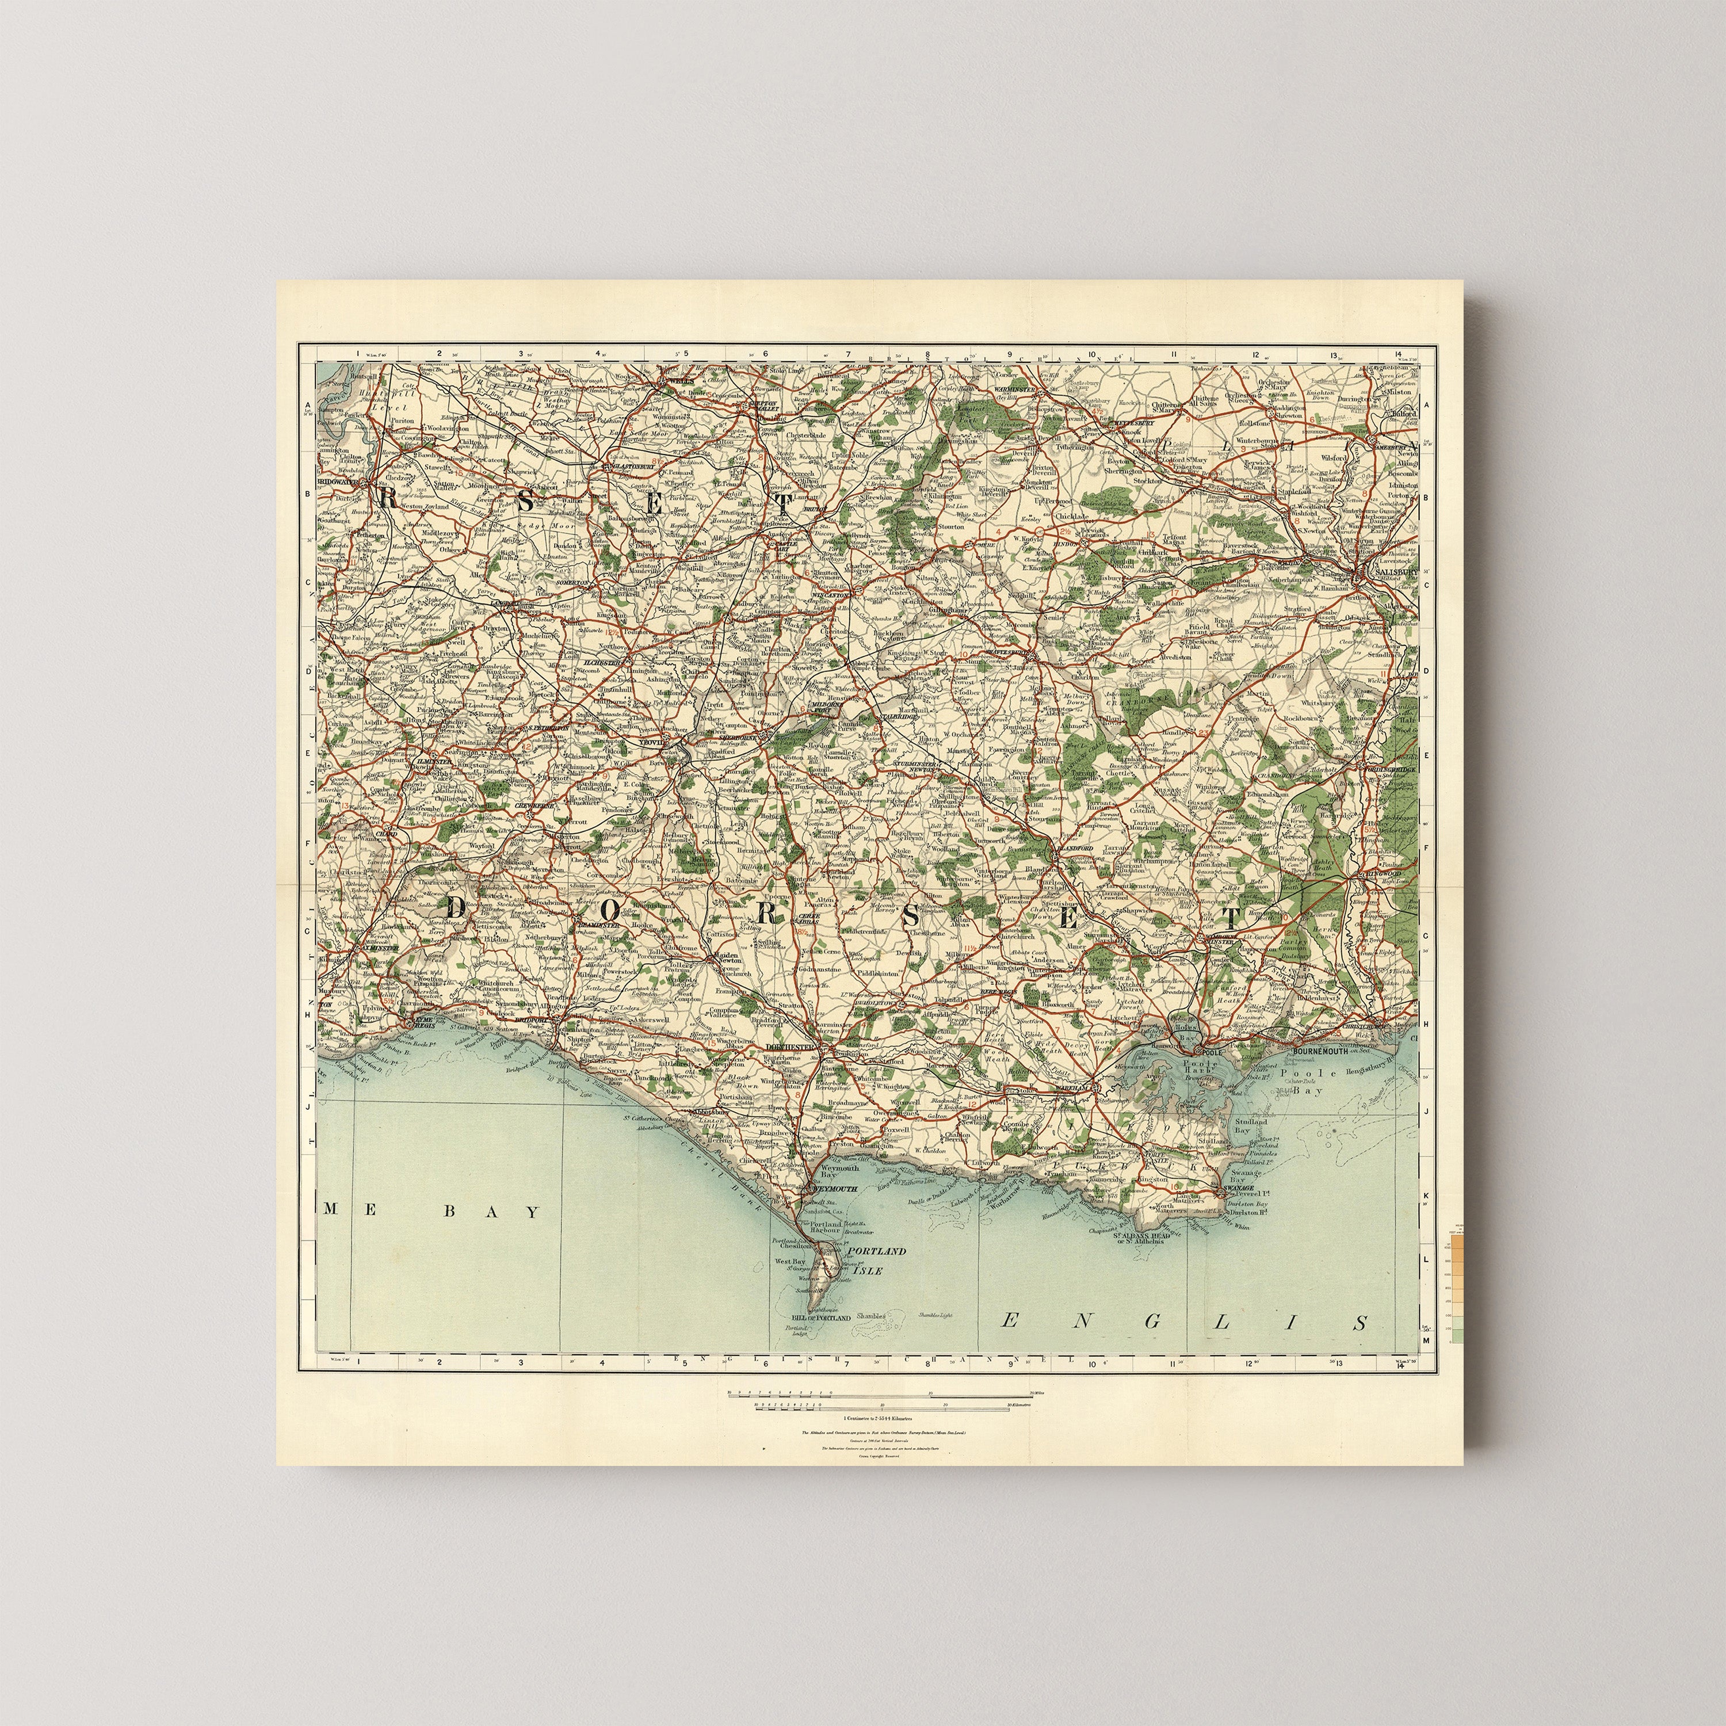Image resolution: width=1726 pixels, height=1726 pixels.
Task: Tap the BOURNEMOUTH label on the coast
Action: tap(1324, 1052)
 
